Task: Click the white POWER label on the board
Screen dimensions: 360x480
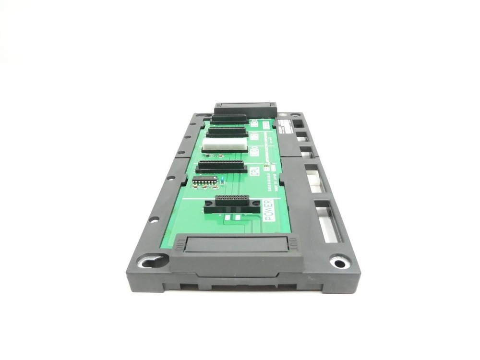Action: pyautogui.click(x=269, y=210)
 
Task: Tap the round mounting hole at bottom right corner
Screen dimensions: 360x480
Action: pyautogui.click(x=340, y=263)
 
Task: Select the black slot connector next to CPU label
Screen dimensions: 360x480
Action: pyautogui.click(x=221, y=166)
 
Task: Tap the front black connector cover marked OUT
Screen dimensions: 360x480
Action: pyautogui.click(x=236, y=247)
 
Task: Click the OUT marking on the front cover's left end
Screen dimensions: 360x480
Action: pyautogui.click(x=179, y=244)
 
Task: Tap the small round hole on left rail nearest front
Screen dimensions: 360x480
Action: pyautogui.click(x=154, y=219)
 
